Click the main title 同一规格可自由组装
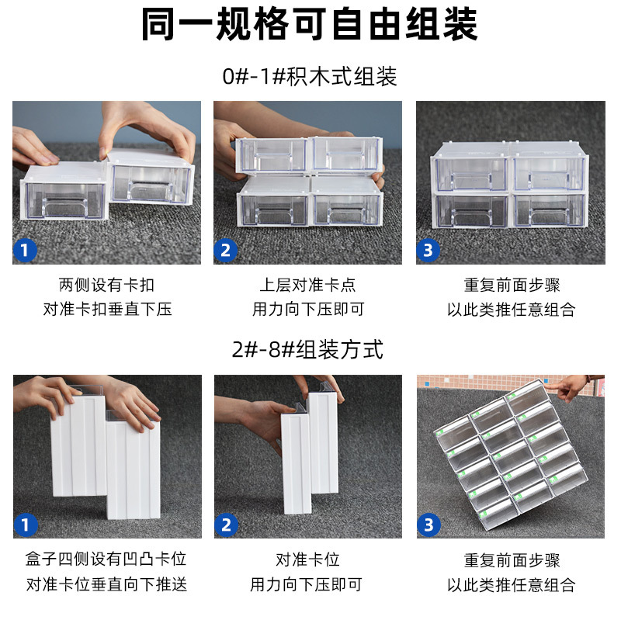tap(310, 25)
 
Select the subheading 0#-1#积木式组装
tap(310, 77)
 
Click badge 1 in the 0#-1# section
tap(26, 251)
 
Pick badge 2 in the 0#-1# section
tap(227, 251)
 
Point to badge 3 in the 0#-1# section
tap(429, 251)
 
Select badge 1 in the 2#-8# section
tap(26, 525)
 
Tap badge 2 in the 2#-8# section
tap(227, 525)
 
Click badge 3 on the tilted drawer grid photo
tap(429, 525)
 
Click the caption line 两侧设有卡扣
tap(107, 285)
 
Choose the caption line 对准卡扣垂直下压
tap(107, 310)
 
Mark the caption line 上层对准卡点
tap(308, 285)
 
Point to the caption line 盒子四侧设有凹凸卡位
tap(107, 559)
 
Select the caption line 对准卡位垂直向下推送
tap(107, 584)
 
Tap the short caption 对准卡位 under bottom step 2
tap(308, 559)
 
